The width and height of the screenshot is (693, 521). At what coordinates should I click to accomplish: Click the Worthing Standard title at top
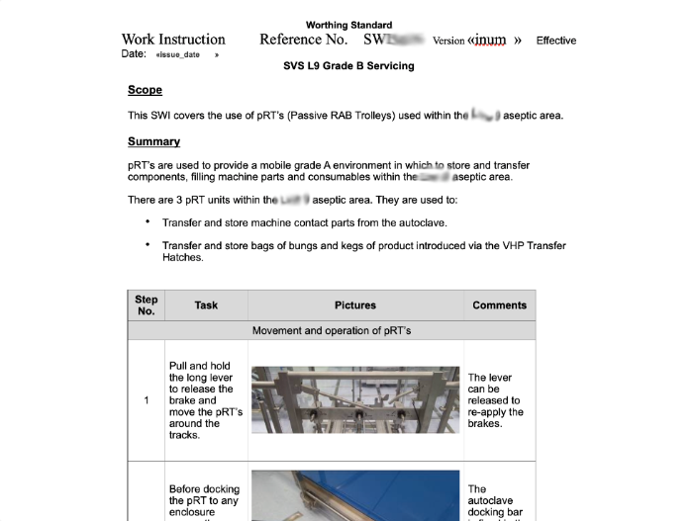[348, 25]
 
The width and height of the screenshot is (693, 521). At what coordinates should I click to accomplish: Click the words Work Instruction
[173, 41]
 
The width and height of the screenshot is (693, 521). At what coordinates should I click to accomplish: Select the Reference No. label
[303, 41]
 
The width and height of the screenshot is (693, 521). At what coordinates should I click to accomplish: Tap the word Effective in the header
[555, 41]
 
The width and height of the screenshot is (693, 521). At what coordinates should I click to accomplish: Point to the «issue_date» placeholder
[178, 54]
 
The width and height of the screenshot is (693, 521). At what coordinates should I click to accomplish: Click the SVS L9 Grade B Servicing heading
[348, 66]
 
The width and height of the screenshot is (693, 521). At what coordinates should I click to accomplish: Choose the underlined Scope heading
[145, 91]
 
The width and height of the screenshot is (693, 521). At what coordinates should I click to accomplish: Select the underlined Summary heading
[153, 141]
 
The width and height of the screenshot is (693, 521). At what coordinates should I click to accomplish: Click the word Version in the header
[448, 41]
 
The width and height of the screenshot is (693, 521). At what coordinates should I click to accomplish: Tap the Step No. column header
[147, 304]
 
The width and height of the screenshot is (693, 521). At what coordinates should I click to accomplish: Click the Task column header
[206, 304]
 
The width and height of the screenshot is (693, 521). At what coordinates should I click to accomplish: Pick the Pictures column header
[355, 304]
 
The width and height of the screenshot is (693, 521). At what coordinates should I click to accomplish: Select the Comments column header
[499, 304]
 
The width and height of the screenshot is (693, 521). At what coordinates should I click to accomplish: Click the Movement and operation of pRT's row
[332, 330]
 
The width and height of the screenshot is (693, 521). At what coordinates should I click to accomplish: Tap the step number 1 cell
[147, 400]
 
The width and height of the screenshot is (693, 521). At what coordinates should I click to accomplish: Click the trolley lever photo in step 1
[355, 400]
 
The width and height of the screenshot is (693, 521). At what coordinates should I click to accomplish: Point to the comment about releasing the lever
[496, 400]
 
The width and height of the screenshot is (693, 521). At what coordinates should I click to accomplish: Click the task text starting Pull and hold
[205, 400]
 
